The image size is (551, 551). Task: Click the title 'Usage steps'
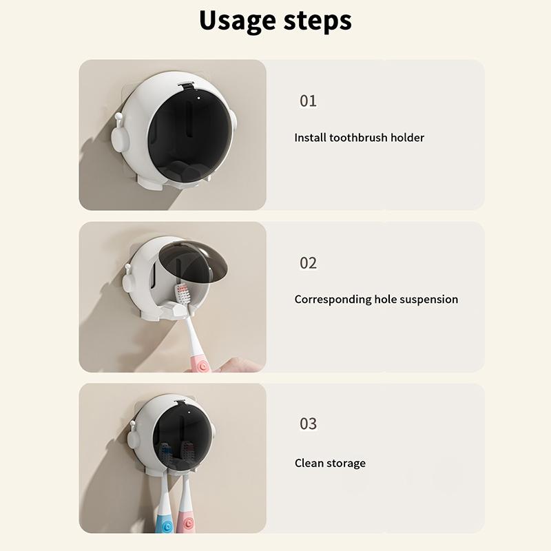(275, 20)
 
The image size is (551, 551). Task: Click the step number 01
(308, 101)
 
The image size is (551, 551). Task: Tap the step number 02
(308, 262)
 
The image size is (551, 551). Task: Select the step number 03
(308, 423)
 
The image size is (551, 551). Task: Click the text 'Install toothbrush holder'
(359, 138)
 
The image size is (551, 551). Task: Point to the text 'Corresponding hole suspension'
(376, 300)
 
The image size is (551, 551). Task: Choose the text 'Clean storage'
(330, 463)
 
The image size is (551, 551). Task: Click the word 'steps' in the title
(316, 21)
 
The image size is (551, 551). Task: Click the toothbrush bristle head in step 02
(183, 295)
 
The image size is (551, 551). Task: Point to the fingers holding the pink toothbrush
(238, 364)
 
